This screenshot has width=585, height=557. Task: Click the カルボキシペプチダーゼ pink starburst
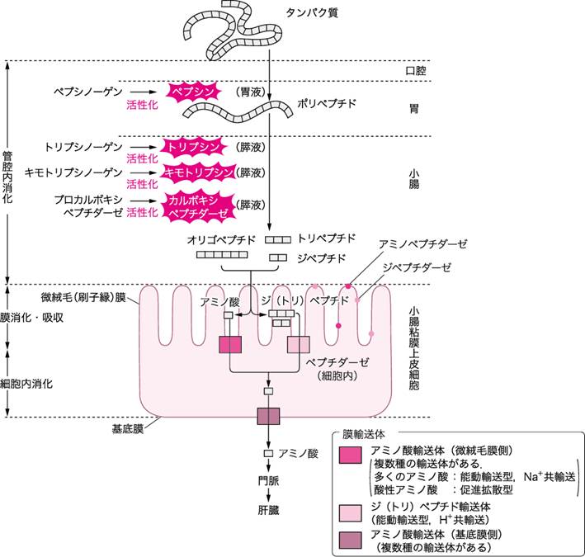point(196,206)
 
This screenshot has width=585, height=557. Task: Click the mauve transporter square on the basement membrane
point(269,417)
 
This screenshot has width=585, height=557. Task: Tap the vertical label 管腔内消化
point(7,174)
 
